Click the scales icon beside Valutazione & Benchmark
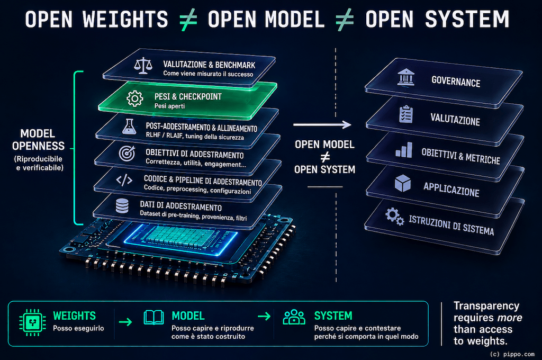click(143, 66)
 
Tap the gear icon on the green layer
click(135, 98)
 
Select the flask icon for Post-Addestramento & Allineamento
click(129, 126)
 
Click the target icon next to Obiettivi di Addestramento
click(127, 153)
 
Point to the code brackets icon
click(124, 180)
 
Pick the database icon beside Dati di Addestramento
click(122, 206)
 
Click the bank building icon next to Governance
click(406, 77)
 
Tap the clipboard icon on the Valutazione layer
click(406, 114)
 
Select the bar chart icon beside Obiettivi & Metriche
click(404, 150)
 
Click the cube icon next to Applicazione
click(403, 183)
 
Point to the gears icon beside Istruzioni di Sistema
click(395, 217)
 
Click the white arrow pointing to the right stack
click(322, 124)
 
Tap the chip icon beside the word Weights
click(32, 322)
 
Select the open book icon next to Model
click(154, 317)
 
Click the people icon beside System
click(294, 317)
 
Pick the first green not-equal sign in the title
click(188, 20)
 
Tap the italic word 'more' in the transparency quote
click(509, 318)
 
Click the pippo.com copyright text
click(512, 354)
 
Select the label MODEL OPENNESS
click(38, 140)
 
